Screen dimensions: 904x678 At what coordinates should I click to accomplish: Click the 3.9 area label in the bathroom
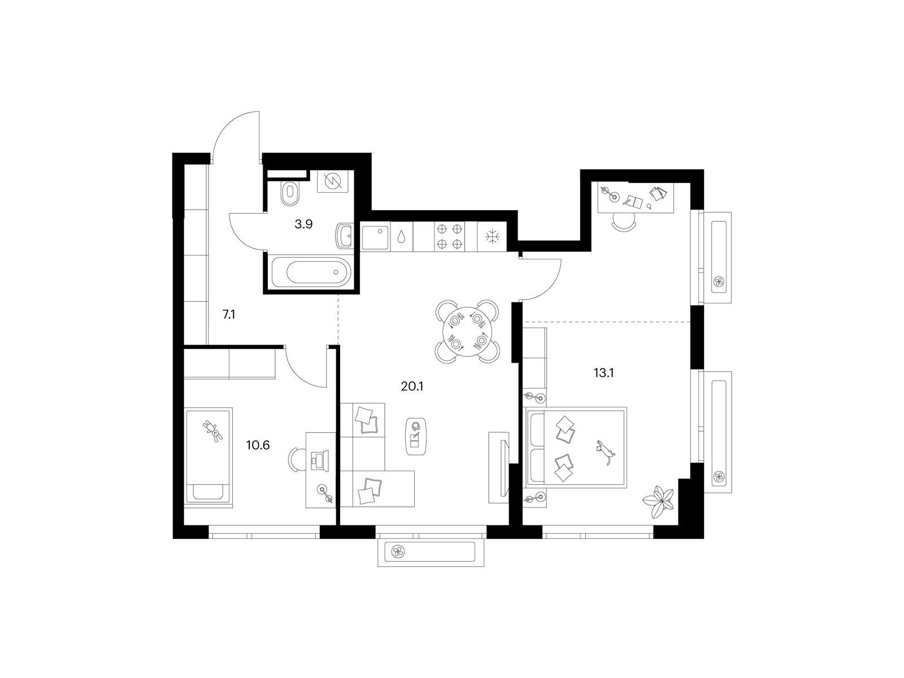pos(303,224)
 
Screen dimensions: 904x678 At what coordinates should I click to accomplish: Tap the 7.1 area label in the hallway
pos(229,315)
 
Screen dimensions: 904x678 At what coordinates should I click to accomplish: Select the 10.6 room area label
pos(258,445)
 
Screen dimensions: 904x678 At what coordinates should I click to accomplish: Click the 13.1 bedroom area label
pos(603,373)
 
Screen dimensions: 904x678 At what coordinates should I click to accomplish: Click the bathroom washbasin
pos(345,236)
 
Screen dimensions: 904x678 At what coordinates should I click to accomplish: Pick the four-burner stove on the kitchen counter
pos(449,236)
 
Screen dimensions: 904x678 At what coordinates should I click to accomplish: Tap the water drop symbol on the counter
pos(401,237)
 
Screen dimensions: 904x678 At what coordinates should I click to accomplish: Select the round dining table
pos(467,332)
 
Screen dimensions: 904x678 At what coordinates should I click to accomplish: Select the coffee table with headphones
pos(416,437)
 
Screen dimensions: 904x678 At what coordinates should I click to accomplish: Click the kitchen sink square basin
pos(375,237)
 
